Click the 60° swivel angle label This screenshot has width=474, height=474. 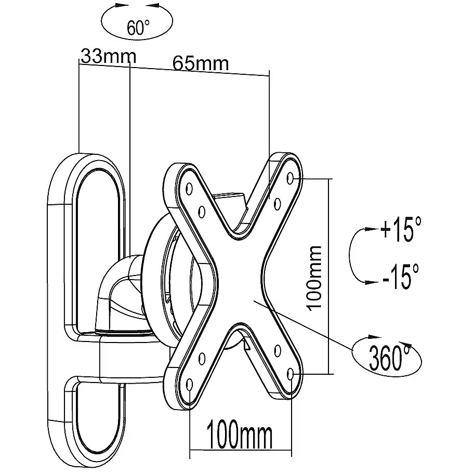click(x=138, y=28)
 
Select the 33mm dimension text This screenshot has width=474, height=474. click(x=109, y=56)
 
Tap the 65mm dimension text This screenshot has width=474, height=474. click(x=201, y=63)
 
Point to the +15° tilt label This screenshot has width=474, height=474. click(x=400, y=229)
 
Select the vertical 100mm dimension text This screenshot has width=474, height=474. click(x=314, y=278)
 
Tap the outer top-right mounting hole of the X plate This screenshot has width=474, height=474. click(x=290, y=178)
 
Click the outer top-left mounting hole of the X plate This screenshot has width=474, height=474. click(x=189, y=189)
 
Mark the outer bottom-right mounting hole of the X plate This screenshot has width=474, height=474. click(x=291, y=375)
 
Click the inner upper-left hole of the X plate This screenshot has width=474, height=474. click(x=202, y=212)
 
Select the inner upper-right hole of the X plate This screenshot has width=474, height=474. click(x=277, y=204)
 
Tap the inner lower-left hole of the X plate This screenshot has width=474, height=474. click(x=202, y=358)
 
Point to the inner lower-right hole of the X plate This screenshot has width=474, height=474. click(x=277, y=350)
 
